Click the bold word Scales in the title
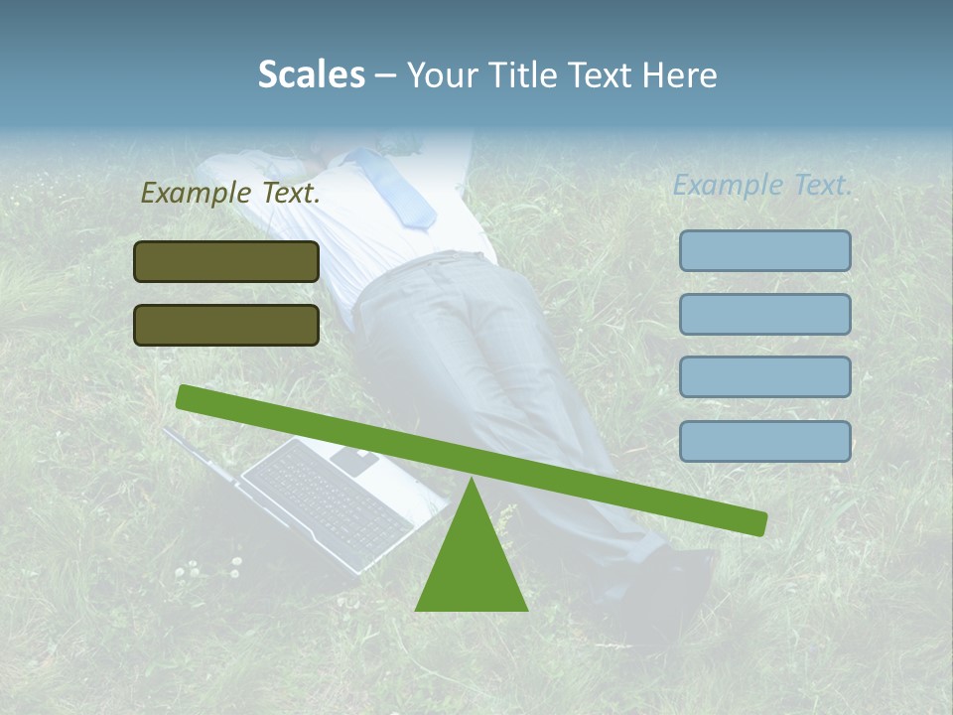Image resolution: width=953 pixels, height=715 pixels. tap(311, 74)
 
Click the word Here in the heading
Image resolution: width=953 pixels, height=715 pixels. tap(680, 75)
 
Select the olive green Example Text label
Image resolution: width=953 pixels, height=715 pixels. tap(230, 194)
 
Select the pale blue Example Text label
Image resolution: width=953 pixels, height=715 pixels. tap(762, 185)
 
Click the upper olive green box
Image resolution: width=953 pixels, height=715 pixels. tap(226, 261)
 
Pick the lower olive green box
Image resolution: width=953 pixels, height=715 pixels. tap(226, 325)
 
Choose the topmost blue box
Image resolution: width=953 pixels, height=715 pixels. tap(764, 250)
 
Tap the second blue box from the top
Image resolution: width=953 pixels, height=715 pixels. tap(764, 314)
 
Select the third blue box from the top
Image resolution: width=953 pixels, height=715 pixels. tap(764, 377)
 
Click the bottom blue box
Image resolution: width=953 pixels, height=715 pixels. tap(764, 441)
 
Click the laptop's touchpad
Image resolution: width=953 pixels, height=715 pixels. tap(354, 460)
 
